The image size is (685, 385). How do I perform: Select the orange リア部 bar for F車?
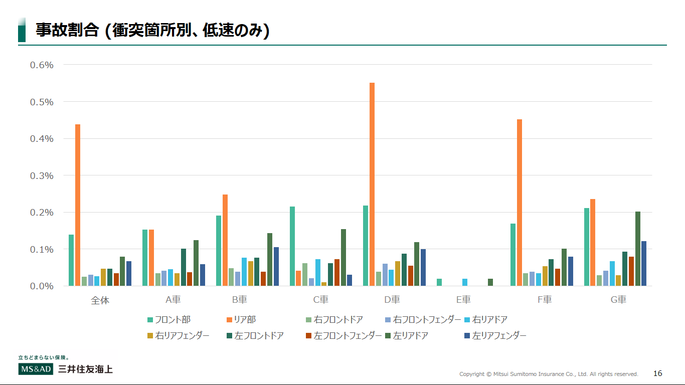520,203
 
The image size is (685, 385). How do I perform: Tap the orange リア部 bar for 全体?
78,205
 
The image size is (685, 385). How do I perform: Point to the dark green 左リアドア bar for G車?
638,249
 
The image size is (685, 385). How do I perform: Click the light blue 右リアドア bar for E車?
465,282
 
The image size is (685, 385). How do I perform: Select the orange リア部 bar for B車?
225,240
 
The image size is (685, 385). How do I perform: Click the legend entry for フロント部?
168,320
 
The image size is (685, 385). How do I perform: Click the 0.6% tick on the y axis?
42,65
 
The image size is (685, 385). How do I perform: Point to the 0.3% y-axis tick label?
42,175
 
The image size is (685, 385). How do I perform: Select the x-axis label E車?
463,300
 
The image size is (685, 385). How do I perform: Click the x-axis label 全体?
100,300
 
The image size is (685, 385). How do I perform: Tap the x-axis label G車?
618,300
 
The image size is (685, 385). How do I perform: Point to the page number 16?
658,373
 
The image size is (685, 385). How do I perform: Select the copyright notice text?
549,374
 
